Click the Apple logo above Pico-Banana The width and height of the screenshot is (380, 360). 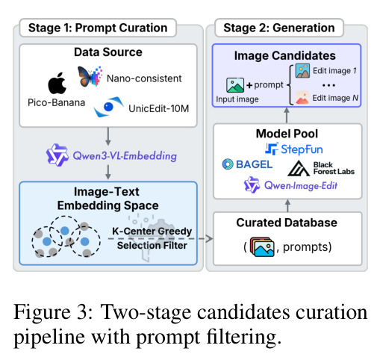pos(57,83)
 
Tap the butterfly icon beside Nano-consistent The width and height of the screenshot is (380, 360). pos(90,76)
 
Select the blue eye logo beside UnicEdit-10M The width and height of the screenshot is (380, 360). pos(108,107)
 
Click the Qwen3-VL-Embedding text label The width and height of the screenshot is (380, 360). pos(125,156)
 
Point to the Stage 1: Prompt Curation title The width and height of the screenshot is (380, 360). pos(98,28)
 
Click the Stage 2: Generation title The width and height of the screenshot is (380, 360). pos(279,28)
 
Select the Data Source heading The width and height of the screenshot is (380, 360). pos(108,52)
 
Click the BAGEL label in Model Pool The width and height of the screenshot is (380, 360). pos(254,164)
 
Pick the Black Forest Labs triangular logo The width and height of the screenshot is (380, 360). pos(299,169)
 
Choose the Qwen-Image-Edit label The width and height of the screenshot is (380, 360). pos(301,186)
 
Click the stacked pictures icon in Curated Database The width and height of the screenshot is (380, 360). pos(262,246)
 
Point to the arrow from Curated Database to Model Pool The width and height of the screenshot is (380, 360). pos(287,205)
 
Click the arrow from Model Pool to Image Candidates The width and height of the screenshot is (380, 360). pos(287,115)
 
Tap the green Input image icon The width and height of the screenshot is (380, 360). pos(235,85)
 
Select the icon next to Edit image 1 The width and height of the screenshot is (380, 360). pos(302,71)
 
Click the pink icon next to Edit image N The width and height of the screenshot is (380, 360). pos(302,97)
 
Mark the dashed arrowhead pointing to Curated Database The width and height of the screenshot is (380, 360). pos(209,238)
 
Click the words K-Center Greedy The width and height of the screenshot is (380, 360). pos(152,232)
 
